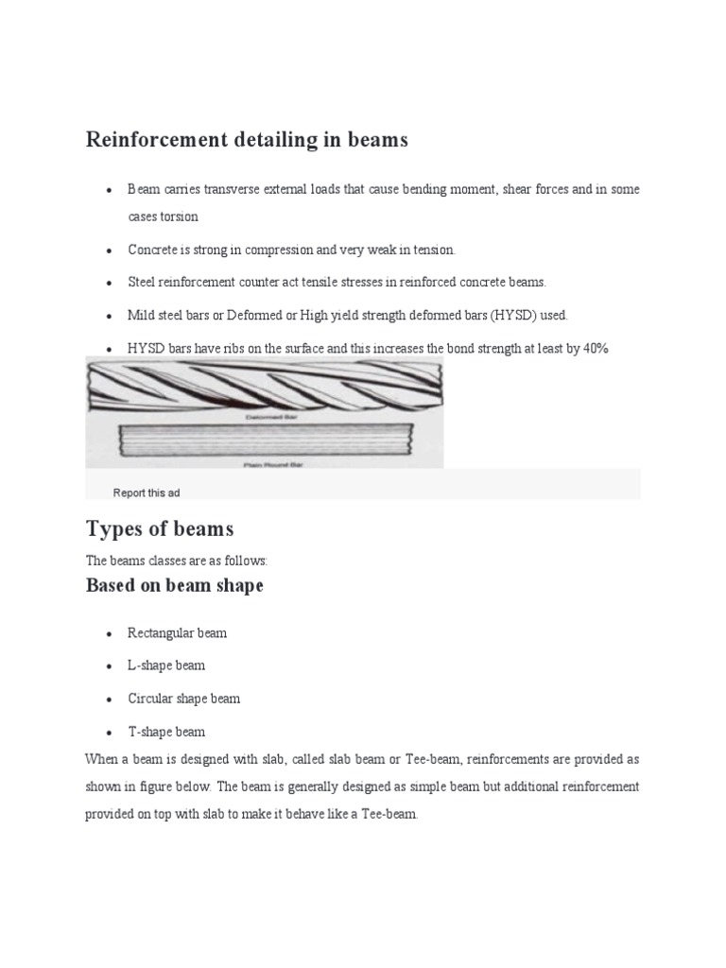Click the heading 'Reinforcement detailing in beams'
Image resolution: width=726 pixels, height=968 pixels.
click(x=247, y=140)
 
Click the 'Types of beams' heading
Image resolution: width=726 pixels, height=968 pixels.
click(x=160, y=527)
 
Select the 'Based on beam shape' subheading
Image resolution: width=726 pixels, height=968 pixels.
click(x=174, y=585)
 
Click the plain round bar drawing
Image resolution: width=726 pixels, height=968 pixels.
click(x=265, y=440)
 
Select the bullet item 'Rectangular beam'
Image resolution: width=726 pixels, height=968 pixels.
click(x=178, y=632)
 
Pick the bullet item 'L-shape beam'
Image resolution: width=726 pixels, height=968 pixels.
click(x=166, y=665)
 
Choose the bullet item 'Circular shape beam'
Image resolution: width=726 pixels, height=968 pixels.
click(x=184, y=699)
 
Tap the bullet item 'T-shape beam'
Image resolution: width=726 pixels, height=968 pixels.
click(x=166, y=732)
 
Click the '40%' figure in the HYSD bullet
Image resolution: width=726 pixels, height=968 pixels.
click(x=596, y=349)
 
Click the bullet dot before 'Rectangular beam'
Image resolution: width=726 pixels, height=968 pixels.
click(x=110, y=633)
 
